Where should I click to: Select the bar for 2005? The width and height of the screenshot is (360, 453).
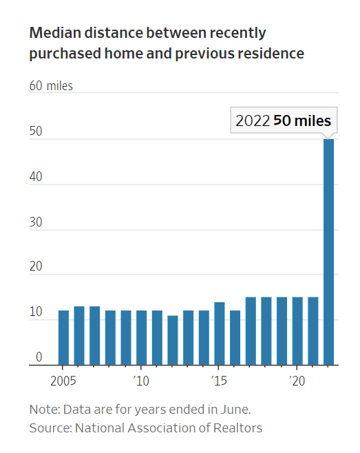63,337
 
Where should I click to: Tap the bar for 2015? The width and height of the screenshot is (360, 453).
220,333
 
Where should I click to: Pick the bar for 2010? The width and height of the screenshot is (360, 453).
142,337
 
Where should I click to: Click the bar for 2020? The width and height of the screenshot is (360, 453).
297,330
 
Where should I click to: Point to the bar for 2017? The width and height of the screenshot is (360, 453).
251,330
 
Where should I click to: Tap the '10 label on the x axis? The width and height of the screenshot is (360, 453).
141,381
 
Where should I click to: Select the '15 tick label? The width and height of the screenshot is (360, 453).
219,381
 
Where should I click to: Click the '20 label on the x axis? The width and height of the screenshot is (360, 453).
297,381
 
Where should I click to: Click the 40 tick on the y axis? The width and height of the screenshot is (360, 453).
35,176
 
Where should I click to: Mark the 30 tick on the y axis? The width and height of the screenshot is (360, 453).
35,222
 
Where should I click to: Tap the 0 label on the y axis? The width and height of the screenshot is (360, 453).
39,357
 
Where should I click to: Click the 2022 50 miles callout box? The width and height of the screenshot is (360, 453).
283,120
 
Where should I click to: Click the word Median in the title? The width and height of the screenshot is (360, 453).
54,33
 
